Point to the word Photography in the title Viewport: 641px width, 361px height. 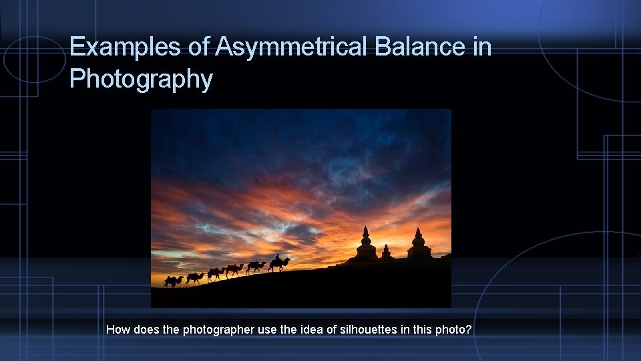(x=141, y=80)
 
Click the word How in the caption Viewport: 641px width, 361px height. (x=118, y=329)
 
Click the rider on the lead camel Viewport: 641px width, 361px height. (x=277, y=258)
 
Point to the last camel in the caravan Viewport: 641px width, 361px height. (x=172, y=281)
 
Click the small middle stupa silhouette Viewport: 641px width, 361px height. (x=386, y=252)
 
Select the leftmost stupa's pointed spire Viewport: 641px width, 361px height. (x=365, y=232)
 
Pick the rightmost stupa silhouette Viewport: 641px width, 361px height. (x=419, y=247)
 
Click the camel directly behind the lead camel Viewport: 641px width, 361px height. (x=255, y=267)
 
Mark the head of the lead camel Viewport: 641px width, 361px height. (x=288, y=259)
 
